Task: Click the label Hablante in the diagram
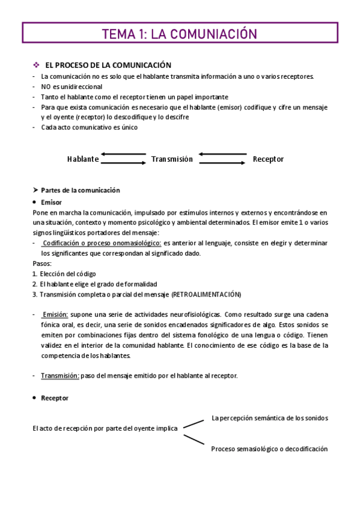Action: [x=83, y=159]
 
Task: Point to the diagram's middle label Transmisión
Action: [x=172, y=159]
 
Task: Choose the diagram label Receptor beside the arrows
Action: [x=268, y=159]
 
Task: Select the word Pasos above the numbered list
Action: [x=42, y=263]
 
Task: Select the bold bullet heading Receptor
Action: [x=55, y=398]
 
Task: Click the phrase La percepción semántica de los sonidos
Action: [x=269, y=417]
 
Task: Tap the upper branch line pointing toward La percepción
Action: [x=194, y=423]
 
